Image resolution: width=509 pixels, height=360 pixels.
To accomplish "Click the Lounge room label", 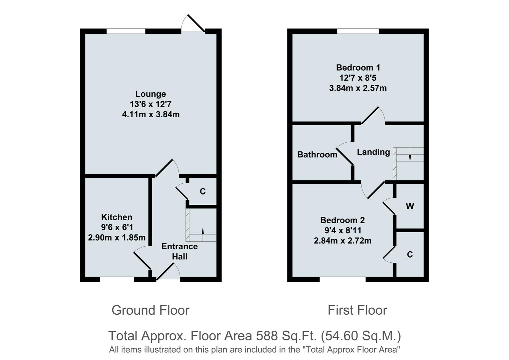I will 150,94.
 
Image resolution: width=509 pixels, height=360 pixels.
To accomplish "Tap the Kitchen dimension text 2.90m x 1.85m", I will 117,238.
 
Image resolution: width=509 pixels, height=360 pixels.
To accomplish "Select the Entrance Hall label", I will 179,251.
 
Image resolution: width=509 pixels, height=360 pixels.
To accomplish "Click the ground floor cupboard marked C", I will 202,191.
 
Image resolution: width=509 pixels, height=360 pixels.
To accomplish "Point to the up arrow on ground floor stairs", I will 203,231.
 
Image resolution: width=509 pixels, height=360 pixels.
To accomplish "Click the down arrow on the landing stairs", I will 410,157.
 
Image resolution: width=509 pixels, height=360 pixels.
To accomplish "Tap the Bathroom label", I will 317,155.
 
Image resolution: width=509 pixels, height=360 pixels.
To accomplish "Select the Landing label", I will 373,152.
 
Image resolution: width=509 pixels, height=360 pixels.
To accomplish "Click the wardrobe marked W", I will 410,206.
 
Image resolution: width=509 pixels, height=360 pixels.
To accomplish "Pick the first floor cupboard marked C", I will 410,255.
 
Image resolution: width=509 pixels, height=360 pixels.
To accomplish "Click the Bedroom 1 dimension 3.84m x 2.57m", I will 358,88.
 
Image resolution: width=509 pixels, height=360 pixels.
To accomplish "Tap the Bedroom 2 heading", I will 342,220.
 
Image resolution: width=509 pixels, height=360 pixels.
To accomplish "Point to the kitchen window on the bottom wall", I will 117,279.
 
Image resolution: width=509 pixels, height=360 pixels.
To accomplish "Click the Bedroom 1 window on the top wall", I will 358,31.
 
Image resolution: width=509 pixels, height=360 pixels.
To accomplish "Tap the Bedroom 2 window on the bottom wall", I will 343,279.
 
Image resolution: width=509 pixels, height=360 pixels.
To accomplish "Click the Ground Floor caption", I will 150,310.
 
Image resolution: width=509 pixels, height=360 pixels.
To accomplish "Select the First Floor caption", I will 357,310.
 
